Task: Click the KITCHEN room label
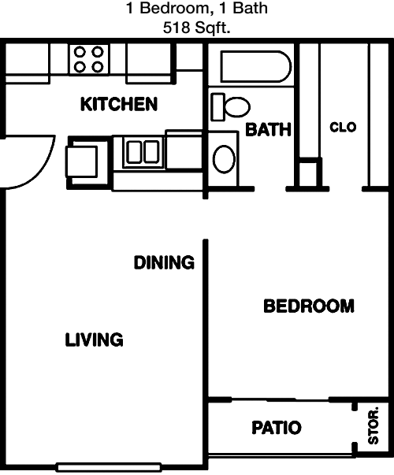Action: click(119, 104)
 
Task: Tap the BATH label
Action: click(268, 129)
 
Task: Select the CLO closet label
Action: click(343, 128)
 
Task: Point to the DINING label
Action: click(164, 262)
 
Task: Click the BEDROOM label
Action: click(309, 306)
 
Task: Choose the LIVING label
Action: click(95, 340)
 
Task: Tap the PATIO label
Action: click(277, 428)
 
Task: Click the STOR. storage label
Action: click(374, 425)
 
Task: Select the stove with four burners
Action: click(88, 59)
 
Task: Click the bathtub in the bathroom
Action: click(256, 67)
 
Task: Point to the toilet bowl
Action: click(237, 107)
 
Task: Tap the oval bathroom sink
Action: click(224, 159)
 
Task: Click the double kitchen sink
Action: click(143, 152)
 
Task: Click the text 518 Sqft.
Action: click(197, 28)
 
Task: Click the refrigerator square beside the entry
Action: click(81, 161)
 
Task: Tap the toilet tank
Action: click(217, 107)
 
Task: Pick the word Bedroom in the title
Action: click(174, 8)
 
